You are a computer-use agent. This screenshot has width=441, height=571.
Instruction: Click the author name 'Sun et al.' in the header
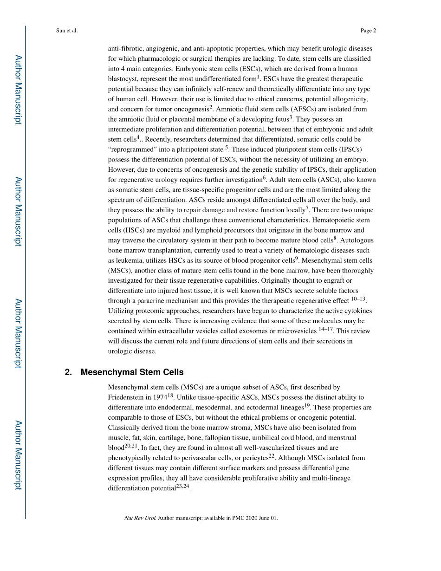click(66, 31)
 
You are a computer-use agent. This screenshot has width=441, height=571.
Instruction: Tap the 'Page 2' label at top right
click(368, 31)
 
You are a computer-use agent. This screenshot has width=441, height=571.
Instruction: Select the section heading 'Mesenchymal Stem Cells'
click(132, 372)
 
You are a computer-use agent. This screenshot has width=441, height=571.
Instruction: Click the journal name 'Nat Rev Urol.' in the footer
click(140, 518)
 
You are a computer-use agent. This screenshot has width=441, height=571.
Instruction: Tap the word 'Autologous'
click(357, 240)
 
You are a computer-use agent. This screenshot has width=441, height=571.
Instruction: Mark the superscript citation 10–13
click(358, 299)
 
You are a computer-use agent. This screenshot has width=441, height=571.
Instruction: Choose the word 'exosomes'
click(253, 331)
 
